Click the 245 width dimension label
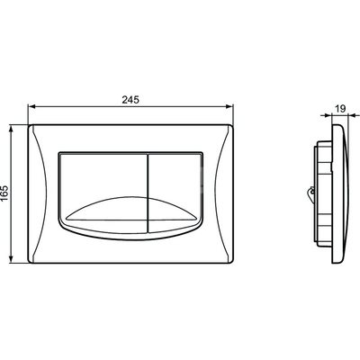130,100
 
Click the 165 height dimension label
5,194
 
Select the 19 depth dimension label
340,109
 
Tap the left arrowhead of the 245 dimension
31,106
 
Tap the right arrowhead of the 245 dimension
229,106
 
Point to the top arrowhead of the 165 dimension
12,129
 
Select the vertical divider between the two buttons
148,193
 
